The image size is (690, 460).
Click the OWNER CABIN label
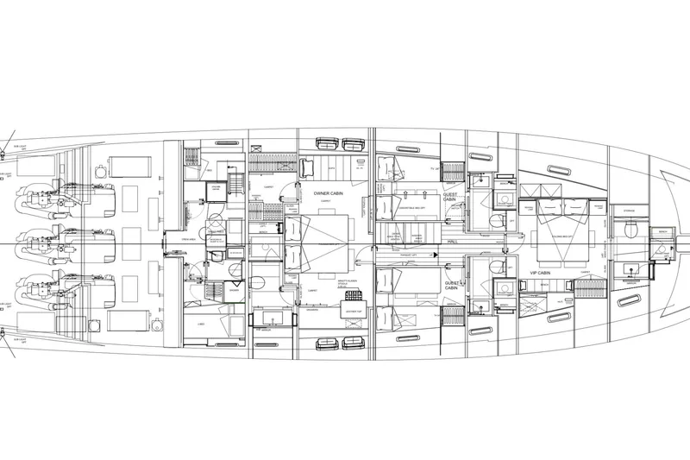tap(327, 194)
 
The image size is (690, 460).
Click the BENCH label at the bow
tap(663, 230)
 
